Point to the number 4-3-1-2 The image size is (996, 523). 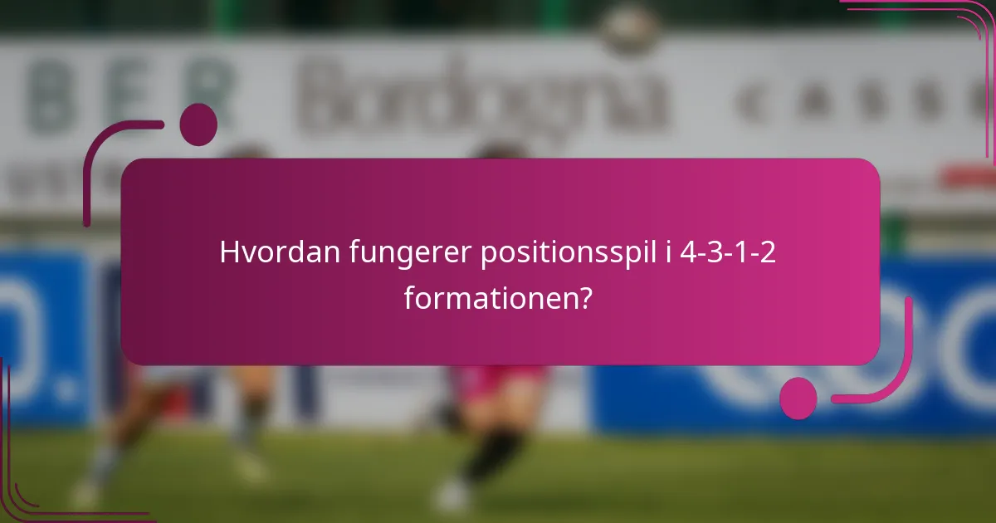tap(727, 252)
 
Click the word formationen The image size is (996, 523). tap(488, 296)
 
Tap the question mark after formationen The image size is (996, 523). tap(586, 296)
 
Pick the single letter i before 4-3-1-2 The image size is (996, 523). tap(666, 252)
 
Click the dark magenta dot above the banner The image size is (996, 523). tap(198, 125)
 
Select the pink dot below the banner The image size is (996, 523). tap(798, 398)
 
